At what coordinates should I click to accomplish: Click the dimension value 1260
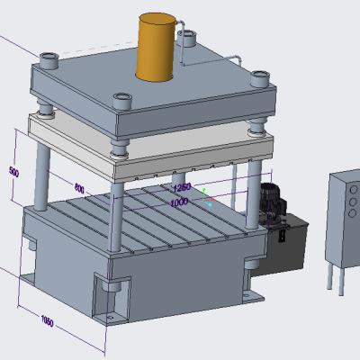tap(183, 187)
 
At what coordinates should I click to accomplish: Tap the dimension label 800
tap(79, 189)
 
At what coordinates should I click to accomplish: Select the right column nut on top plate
tap(259, 76)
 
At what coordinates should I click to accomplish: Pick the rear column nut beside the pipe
tap(189, 38)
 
